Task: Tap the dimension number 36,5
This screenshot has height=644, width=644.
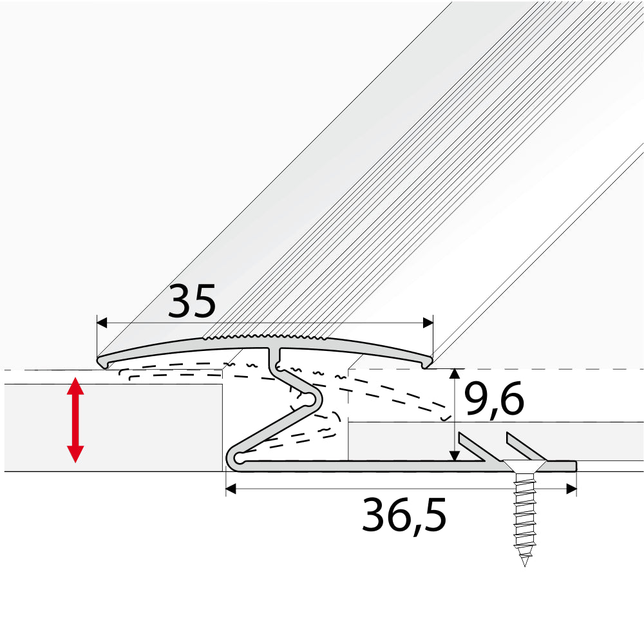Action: (404, 516)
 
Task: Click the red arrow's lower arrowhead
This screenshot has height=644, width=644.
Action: (76, 454)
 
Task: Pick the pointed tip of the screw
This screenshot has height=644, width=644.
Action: (525, 562)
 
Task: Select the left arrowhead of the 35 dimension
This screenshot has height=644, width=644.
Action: (102, 323)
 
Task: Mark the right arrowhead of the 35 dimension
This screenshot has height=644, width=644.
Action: (428, 323)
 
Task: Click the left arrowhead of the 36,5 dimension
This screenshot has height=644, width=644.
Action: (231, 489)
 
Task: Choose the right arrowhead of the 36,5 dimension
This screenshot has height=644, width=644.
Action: (571, 489)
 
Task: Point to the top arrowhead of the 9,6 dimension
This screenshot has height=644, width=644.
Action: (455, 374)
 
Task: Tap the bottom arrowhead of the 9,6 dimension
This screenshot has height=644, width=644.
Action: (455, 455)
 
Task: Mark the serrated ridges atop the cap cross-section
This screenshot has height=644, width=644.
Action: (267, 337)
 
